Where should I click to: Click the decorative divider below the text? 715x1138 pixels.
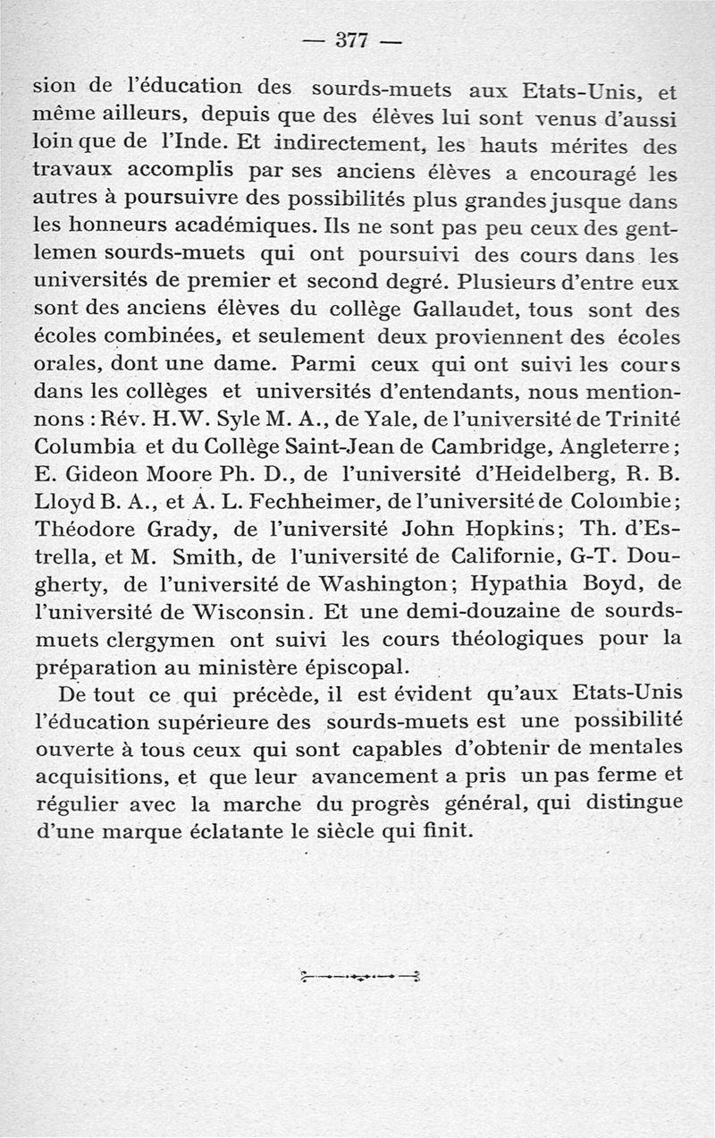click(x=362, y=976)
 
